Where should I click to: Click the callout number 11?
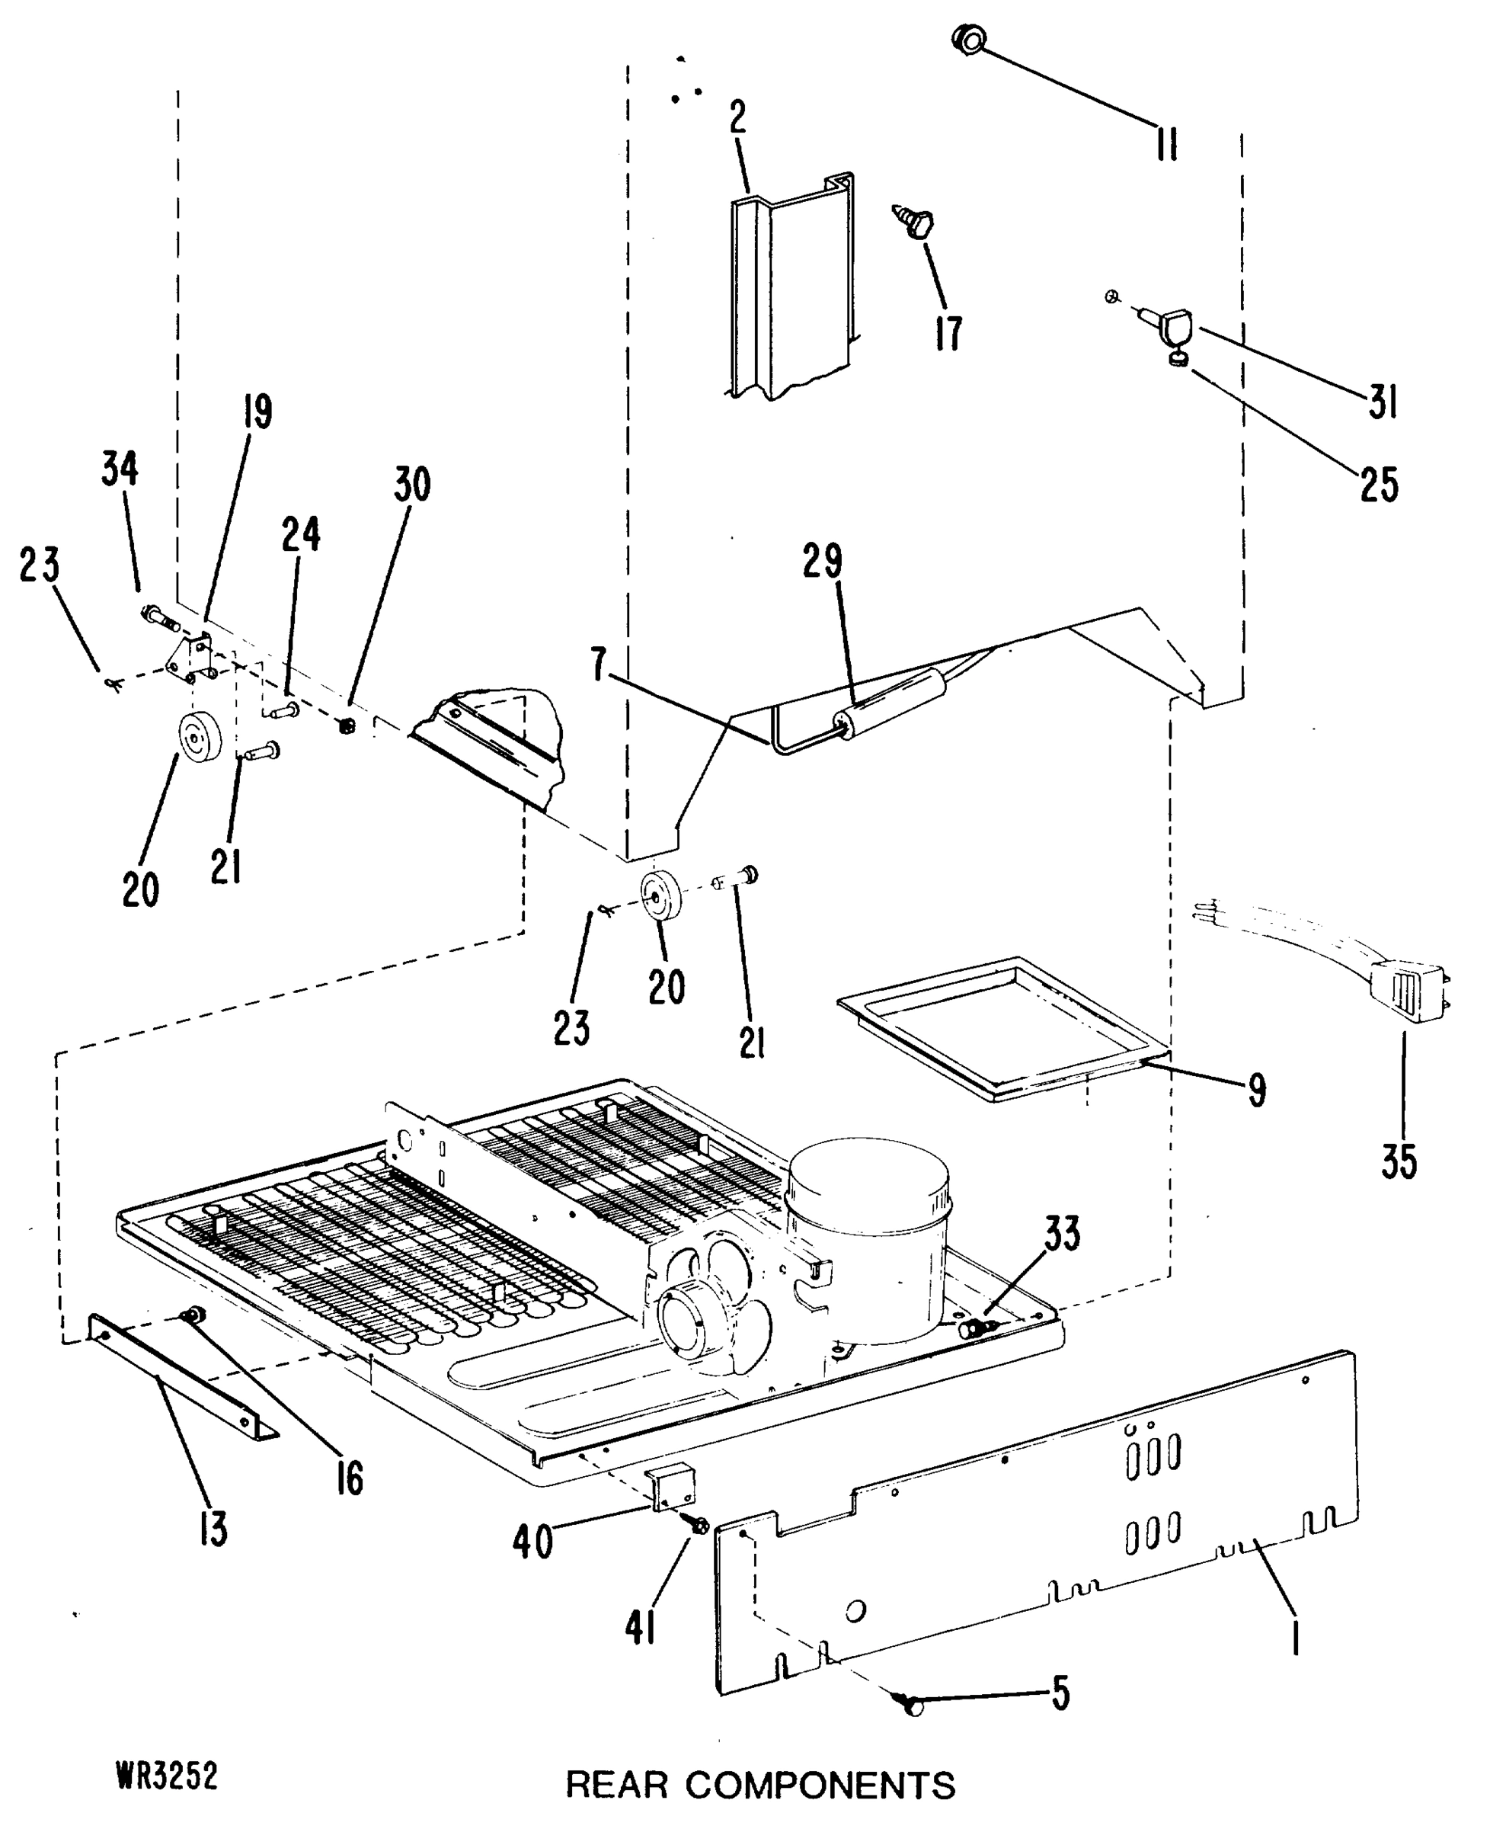pyautogui.click(x=1166, y=144)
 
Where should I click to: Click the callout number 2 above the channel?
pyautogui.click(x=738, y=118)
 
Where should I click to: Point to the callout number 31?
pyautogui.click(x=1383, y=401)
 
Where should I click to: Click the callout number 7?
pyautogui.click(x=599, y=665)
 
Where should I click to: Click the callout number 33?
pyautogui.click(x=1062, y=1234)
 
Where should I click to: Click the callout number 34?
pyautogui.click(x=120, y=469)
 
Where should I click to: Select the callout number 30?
pyautogui.click(x=412, y=485)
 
